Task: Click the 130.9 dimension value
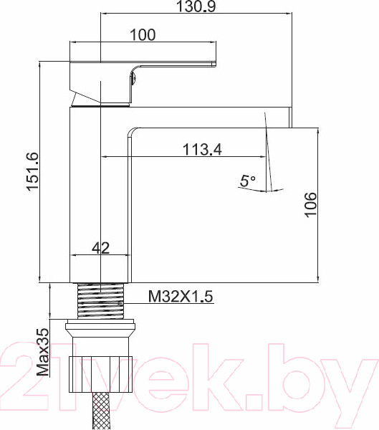click(196, 7)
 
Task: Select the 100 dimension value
click(143, 34)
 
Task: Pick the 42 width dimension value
click(101, 248)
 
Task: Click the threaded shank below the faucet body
click(100, 301)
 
